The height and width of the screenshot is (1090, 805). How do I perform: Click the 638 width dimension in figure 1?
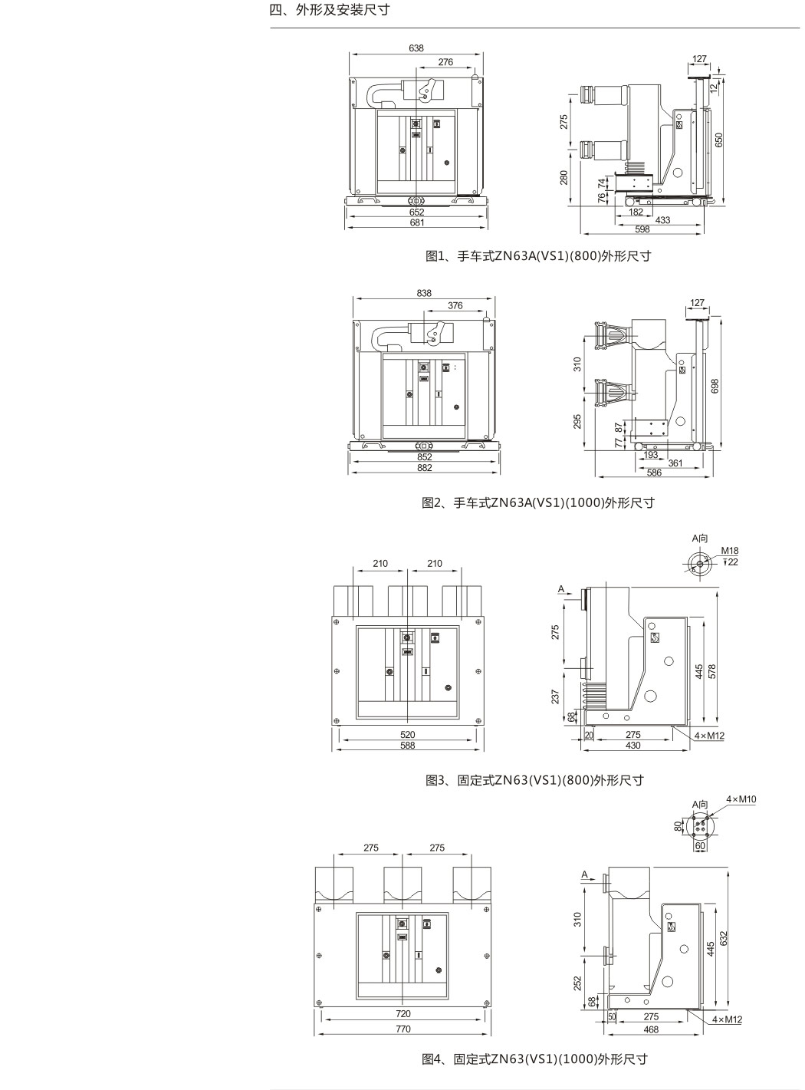tap(416, 48)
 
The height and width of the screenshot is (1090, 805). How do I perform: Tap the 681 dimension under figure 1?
tap(416, 222)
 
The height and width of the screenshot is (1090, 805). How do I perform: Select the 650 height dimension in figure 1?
tap(719, 140)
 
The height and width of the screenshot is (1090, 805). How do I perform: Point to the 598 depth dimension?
tap(642, 229)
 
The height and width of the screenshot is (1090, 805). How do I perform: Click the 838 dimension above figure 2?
tap(424, 293)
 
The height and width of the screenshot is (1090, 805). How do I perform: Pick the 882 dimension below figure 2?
tap(425, 468)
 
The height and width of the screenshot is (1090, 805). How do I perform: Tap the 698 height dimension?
tap(715, 386)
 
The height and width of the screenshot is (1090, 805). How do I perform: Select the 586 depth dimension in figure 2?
tap(654, 473)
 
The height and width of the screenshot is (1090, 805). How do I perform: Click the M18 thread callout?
tap(729, 551)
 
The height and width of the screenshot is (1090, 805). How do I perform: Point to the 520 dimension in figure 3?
tap(408, 735)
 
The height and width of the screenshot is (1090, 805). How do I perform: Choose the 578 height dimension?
tap(712, 671)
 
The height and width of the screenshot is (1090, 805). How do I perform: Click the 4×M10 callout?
tap(741, 799)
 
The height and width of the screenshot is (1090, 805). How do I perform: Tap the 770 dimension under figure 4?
tap(402, 1029)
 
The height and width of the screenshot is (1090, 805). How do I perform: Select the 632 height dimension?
tap(723, 938)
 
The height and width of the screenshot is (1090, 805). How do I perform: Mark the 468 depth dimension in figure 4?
tap(651, 1029)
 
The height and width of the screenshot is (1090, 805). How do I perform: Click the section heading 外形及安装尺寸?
tap(343, 10)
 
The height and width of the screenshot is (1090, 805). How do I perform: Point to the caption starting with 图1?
tap(538, 256)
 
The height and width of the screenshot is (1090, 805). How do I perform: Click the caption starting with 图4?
tap(535, 1059)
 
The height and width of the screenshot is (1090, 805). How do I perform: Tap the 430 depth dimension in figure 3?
tap(633, 746)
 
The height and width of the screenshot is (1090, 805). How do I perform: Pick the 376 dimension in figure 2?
tap(455, 305)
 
